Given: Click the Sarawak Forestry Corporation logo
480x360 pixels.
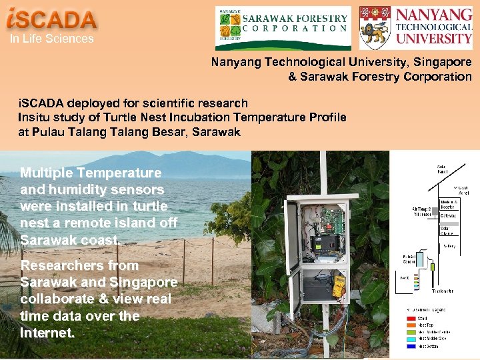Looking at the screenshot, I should pyautogui.click(x=283, y=27).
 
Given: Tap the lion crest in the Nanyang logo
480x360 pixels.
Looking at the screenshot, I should pyautogui.click(x=375, y=27).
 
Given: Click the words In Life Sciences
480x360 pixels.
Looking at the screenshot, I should pyautogui.click(x=51, y=39).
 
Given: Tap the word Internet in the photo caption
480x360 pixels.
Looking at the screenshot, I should pyautogui.click(x=47, y=333).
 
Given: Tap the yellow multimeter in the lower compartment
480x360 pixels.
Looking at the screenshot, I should pyautogui.click(x=339, y=286).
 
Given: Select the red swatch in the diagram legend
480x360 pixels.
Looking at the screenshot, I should pyautogui.click(x=407, y=319).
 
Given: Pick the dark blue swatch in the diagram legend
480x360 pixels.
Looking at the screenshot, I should pyautogui.click(x=407, y=345).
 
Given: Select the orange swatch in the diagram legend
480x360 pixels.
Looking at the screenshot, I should pyautogui.click(x=407, y=325).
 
